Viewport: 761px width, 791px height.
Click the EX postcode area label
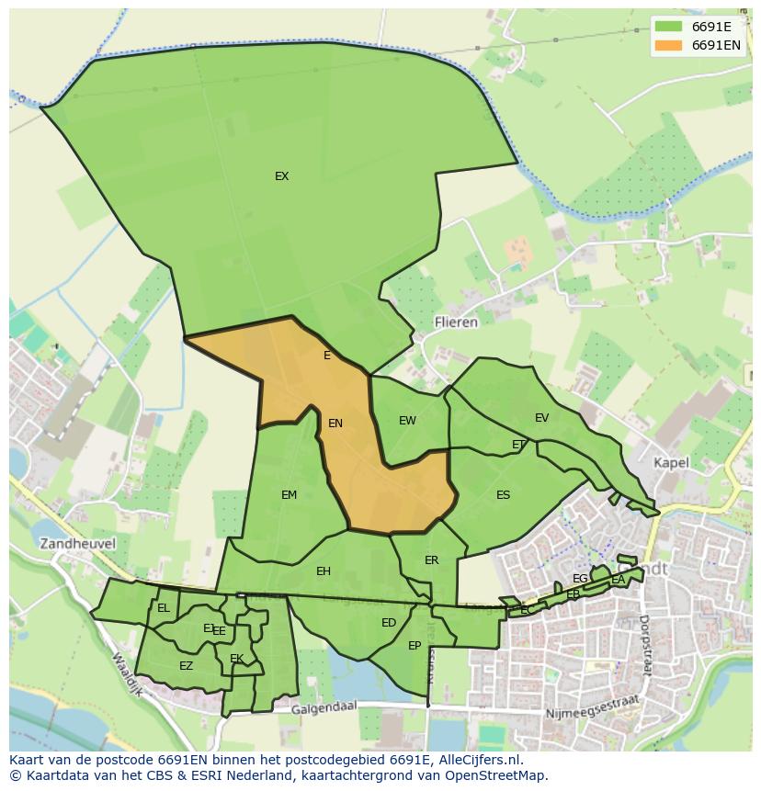click(281, 176)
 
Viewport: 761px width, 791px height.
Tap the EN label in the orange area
click(335, 424)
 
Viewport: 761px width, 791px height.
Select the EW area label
click(407, 421)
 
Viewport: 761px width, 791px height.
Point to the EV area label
click(541, 418)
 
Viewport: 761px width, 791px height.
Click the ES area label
click(503, 495)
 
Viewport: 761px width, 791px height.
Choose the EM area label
click(289, 495)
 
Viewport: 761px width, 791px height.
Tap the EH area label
click(323, 571)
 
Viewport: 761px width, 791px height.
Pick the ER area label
click(431, 560)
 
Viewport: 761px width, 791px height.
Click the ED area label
click(389, 623)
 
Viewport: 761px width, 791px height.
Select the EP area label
click(415, 646)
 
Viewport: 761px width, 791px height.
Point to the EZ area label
click(186, 666)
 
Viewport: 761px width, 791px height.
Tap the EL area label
click(164, 608)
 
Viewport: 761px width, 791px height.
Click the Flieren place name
click(456, 322)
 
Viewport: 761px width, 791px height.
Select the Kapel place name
click(671, 463)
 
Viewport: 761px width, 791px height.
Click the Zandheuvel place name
click(77, 543)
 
